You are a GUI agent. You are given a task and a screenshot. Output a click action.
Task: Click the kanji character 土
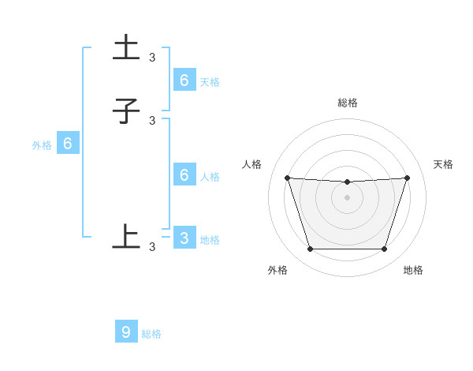pyautogui.click(x=127, y=47)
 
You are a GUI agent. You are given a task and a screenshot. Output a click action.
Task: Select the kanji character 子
pyautogui.click(x=126, y=111)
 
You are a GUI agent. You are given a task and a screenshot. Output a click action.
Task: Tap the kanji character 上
pyautogui.click(x=126, y=236)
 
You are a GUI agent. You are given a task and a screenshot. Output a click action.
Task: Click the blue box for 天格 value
pyautogui.click(x=184, y=80)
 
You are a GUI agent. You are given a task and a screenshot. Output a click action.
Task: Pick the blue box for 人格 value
pyautogui.click(x=184, y=175)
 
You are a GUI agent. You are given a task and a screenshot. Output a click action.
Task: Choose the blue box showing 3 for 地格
pyautogui.click(x=184, y=238)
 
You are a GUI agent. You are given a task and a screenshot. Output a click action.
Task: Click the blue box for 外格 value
pyautogui.click(x=68, y=144)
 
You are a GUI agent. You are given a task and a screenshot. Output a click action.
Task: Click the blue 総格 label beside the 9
pyautogui.click(x=151, y=334)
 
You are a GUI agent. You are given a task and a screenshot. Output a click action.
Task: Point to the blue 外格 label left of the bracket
pyautogui.click(x=42, y=145)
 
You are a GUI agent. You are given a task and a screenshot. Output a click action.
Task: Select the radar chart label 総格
pyautogui.click(x=348, y=103)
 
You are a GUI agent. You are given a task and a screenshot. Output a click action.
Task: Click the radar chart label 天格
pyautogui.click(x=443, y=164)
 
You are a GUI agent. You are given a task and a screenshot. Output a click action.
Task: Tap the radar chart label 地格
pyautogui.click(x=413, y=270)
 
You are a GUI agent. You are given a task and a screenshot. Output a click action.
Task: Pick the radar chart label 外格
pyautogui.click(x=277, y=270)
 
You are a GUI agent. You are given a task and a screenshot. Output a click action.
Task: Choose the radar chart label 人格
pyautogui.click(x=252, y=164)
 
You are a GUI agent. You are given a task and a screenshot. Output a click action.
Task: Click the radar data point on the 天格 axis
pyautogui.click(x=407, y=178)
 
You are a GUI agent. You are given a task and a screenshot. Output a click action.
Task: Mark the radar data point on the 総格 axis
pyautogui.click(x=348, y=182)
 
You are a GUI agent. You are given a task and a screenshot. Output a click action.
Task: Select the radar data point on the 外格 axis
pyautogui.click(x=310, y=249)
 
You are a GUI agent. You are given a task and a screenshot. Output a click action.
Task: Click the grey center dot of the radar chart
pyautogui.click(x=348, y=197)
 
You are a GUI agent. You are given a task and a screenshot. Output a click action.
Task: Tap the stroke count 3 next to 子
pyautogui.click(x=152, y=120)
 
